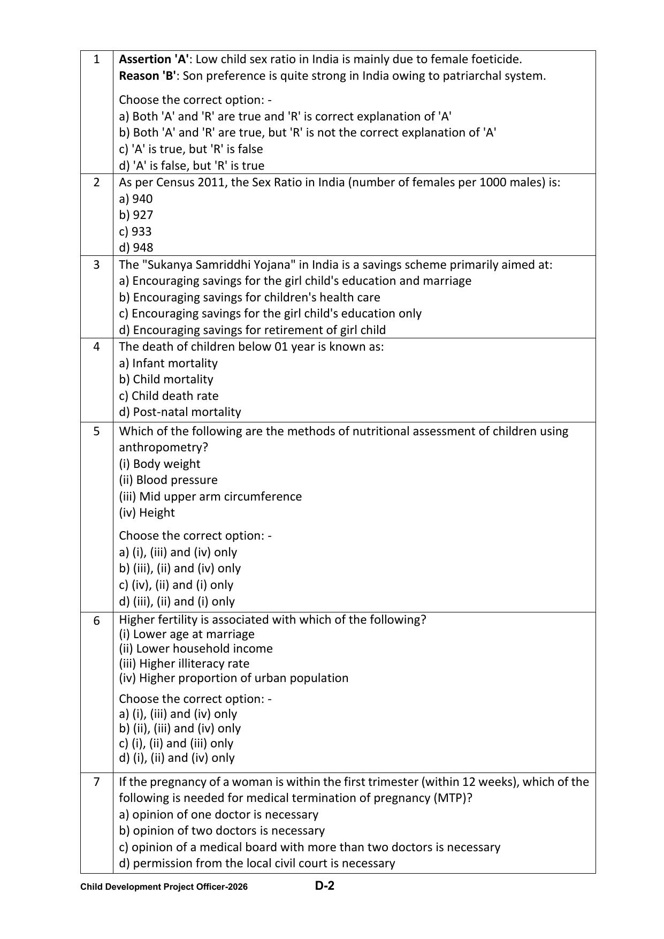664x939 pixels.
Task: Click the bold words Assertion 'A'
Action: point(154,59)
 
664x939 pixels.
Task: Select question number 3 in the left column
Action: point(96,264)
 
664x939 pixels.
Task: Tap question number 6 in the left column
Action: point(96,620)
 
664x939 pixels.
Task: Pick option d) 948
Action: point(136,247)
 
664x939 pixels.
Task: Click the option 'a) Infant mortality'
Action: point(168,363)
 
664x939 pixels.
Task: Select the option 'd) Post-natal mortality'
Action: point(180,412)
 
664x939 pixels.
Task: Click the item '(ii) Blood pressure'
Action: point(168,480)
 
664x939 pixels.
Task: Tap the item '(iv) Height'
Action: point(147,512)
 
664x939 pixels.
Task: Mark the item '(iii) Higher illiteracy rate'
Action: point(184,663)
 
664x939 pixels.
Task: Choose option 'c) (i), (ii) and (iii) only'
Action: point(176,743)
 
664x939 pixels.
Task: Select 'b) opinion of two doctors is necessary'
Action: point(222,830)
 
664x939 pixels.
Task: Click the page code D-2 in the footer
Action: point(324,886)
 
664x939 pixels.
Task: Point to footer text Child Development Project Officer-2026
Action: point(164,887)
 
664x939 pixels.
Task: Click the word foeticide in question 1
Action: point(495,59)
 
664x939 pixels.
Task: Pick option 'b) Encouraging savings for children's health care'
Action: point(249,297)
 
